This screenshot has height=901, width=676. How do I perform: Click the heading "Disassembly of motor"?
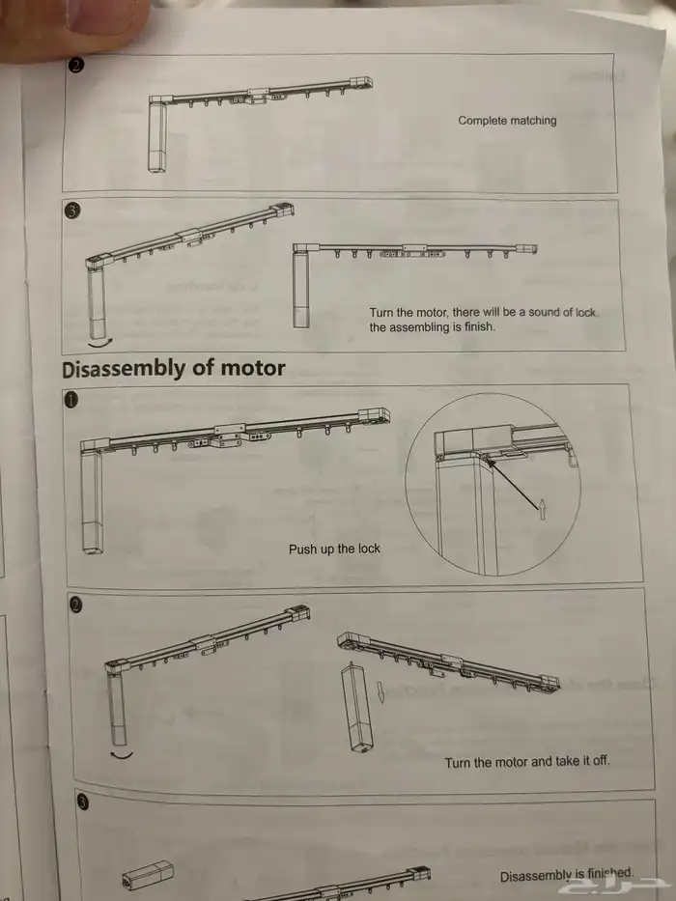(173, 369)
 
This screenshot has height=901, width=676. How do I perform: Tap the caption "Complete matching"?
(507, 121)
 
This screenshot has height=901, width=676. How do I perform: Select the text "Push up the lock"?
(334, 549)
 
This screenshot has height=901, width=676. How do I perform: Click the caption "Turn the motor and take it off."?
(527, 762)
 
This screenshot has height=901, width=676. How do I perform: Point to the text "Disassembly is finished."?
(566, 876)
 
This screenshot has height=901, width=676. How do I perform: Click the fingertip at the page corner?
(74, 23)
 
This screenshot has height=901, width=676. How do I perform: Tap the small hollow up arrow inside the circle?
(542, 509)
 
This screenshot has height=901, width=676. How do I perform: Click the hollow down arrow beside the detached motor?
(380, 692)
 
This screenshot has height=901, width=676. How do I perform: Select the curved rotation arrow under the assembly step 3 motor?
(100, 343)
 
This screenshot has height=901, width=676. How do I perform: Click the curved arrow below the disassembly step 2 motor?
(121, 754)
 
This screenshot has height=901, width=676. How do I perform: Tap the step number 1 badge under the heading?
(70, 401)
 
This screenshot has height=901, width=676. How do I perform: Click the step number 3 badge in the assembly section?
(71, 211)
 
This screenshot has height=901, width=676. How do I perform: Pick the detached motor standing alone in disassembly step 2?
(357, 707)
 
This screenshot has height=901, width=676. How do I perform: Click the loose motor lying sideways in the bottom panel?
(148, 875)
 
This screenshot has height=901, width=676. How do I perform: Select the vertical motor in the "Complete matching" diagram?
(156, 137)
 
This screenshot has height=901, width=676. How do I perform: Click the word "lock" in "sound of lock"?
(586, 313)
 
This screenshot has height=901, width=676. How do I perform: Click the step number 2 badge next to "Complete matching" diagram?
(76, 66)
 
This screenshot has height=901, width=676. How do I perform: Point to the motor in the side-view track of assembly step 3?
(300, 290)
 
